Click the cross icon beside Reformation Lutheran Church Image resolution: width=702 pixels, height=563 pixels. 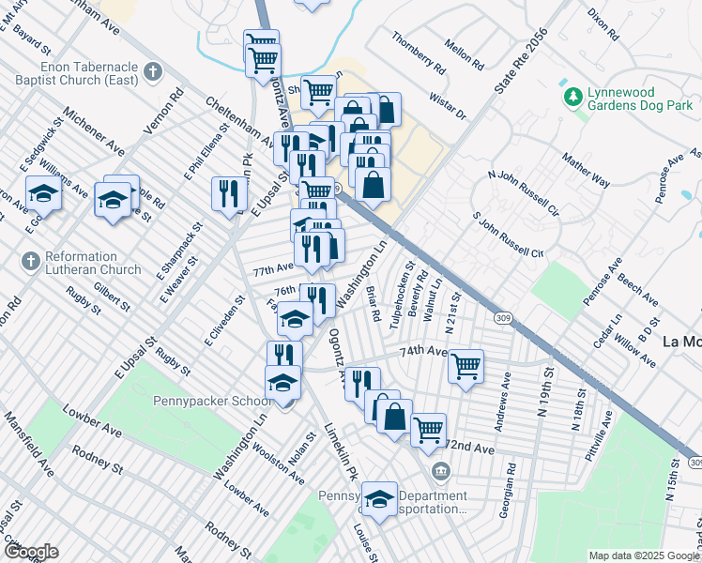click(30, 260)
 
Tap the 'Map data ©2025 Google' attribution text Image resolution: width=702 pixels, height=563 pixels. click(644, 555)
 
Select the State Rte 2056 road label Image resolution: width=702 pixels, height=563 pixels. click(521, 56)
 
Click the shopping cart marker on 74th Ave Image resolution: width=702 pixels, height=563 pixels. click(465, 365)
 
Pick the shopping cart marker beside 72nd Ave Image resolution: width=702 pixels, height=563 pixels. click(428, 429)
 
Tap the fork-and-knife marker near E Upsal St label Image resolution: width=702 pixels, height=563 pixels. click(229, 193)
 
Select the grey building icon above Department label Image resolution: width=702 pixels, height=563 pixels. click(438, 470)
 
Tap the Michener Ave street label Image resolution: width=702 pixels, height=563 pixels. click(94, 137)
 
